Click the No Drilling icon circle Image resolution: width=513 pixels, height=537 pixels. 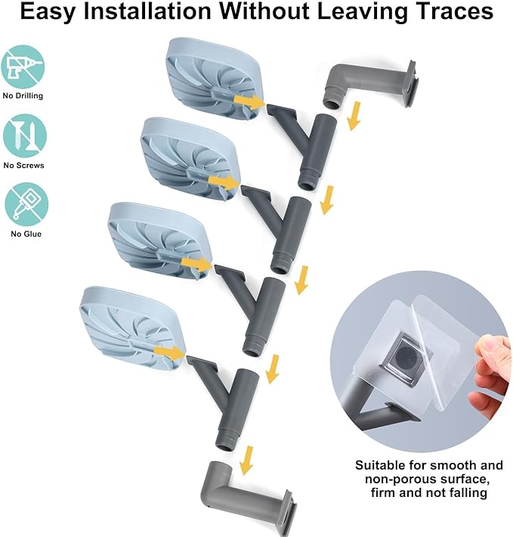(x=23, y=67)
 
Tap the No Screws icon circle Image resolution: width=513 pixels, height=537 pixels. (x=25, y=136)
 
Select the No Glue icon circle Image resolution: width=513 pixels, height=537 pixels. (x=26, y=204)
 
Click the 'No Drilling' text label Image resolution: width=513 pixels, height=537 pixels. (x=23, y=95)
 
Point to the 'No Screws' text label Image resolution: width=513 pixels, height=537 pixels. (x=24, y=165)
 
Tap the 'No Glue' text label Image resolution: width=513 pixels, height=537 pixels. (x=26, y=234)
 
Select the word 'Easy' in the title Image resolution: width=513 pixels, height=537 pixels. (x=48, y=12)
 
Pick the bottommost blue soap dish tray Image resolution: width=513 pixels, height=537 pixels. (x=133, y=329)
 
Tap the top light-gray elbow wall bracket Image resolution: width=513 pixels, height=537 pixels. (x=371, y=84)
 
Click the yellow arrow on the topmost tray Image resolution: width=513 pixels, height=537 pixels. (x=249, y=101)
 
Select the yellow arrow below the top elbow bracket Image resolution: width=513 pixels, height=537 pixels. (x=354, y=116)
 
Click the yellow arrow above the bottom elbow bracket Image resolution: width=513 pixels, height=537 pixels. (x=246, y=461)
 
